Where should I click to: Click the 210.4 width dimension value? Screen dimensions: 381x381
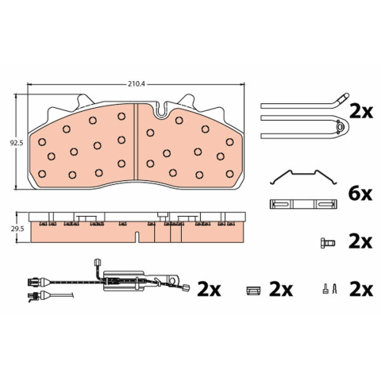(x=137, y=84)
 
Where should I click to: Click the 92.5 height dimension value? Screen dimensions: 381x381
(x=17, y=143)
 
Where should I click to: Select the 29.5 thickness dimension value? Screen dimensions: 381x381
(x=17, y=229)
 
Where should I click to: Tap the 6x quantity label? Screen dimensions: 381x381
(x=360, y=194)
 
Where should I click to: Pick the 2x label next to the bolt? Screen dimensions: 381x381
(x=360, y=242)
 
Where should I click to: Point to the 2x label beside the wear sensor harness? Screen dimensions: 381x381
(x=209, y=290)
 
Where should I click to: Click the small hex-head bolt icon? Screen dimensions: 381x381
(x=328, y=243)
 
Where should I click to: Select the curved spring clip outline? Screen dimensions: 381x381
(x=303, y=177)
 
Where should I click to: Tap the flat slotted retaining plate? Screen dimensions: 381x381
(x=303, y=204)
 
